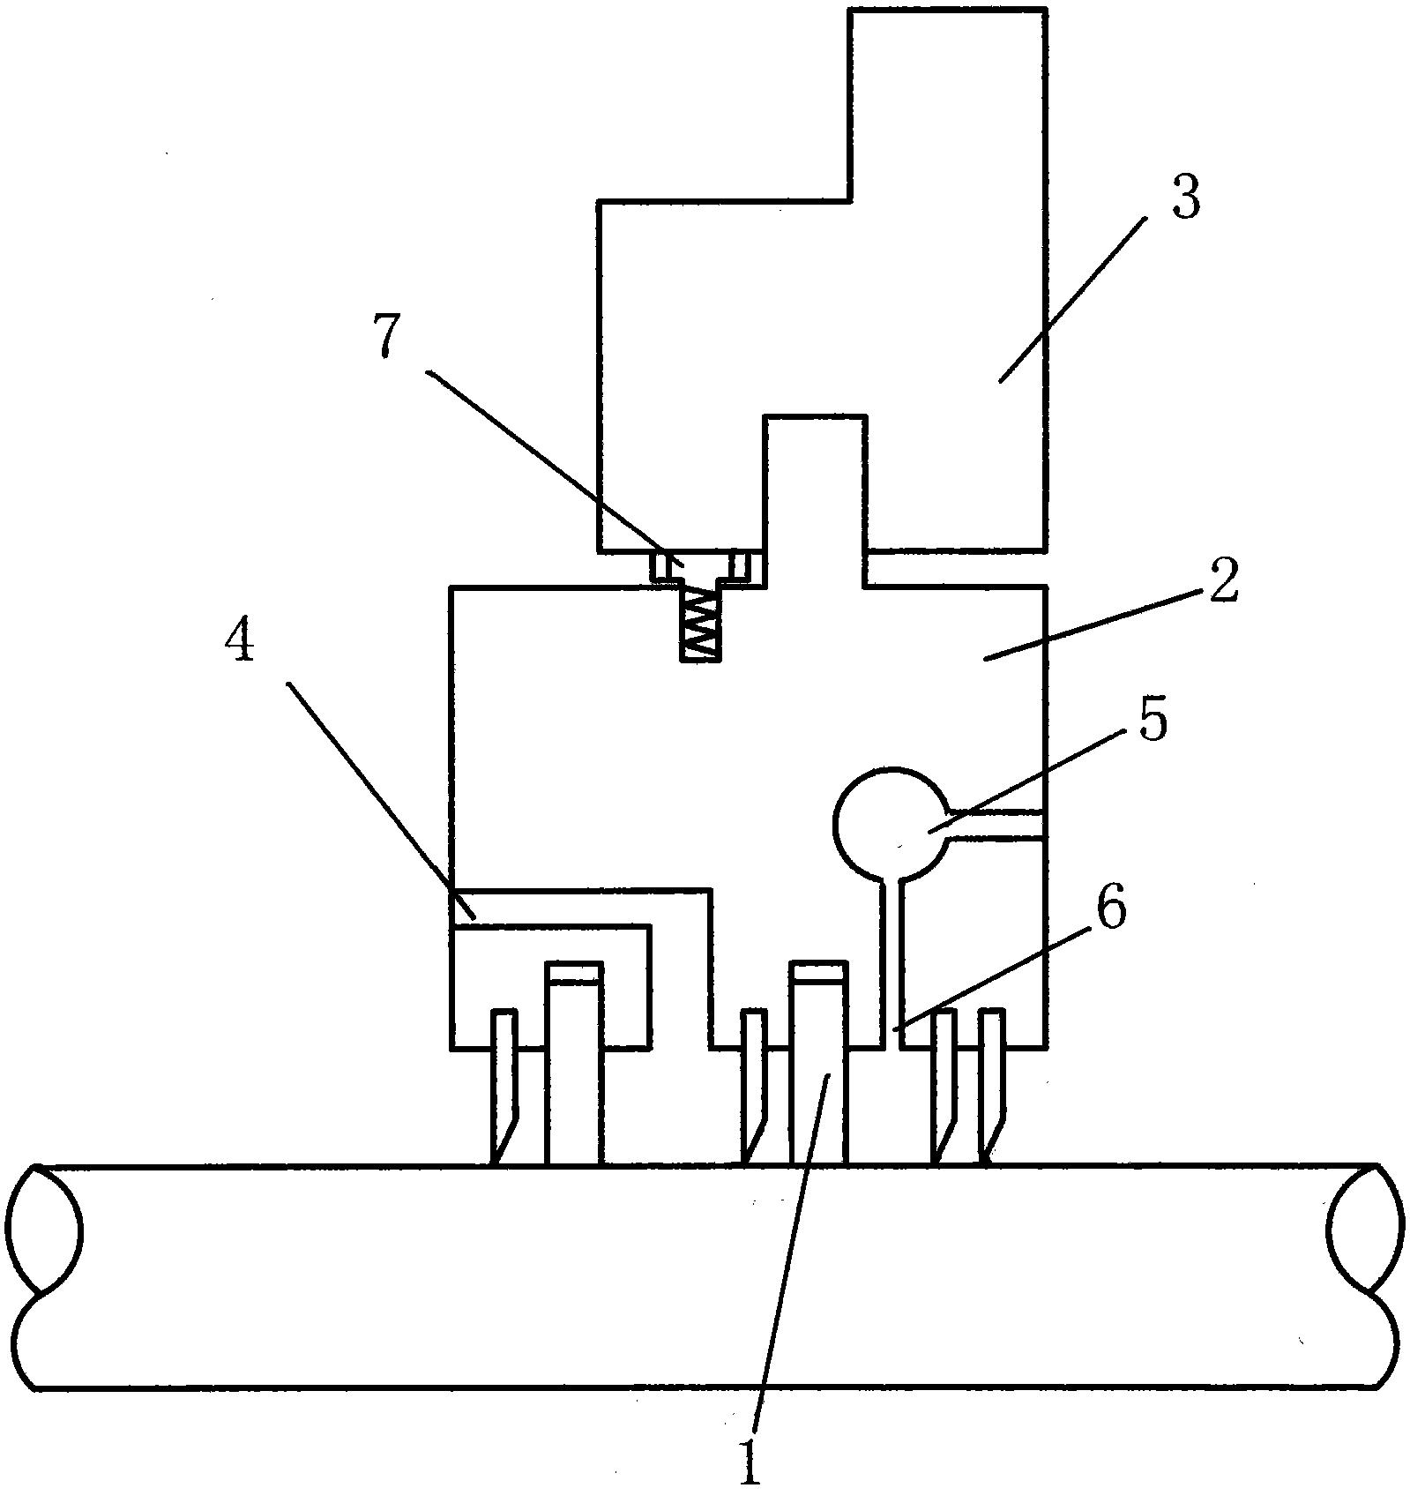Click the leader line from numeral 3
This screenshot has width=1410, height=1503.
pyautogui.click(x=1072, y=300)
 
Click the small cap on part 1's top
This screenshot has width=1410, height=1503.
pyautogui.click(x=819, y=973)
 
